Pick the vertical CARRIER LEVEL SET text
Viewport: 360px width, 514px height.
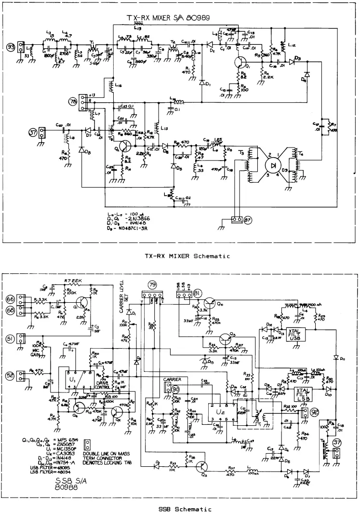point(123,296)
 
